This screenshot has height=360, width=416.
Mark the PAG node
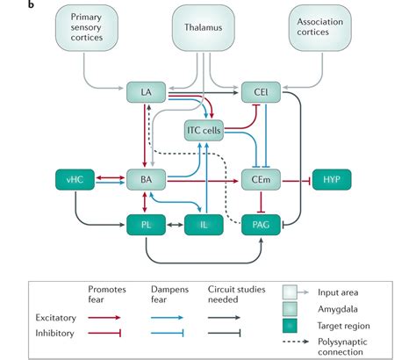[x=261, y=224]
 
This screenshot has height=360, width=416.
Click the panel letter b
[x=8, y=6]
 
